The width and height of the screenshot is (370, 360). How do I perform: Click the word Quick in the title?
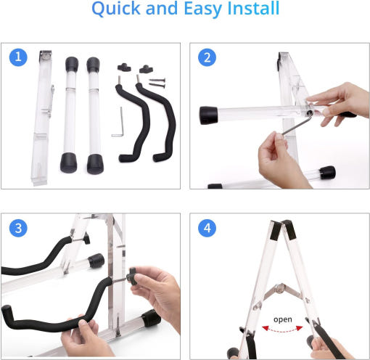click(x=116, y=9)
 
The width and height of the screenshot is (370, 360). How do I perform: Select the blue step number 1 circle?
click(x=18, y=57)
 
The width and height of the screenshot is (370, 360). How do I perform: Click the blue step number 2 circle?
click(x=207, y=57)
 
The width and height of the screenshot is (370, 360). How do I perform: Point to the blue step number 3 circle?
click(x=18, y=228)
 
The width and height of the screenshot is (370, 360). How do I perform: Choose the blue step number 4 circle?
click(x=207, y=228)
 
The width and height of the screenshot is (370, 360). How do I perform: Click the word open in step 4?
click(x=283, y=319)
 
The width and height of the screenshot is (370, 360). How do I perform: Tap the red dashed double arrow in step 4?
click(x=282, y=330)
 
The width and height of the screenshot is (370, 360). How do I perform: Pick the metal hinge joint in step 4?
click(x=280, y=288)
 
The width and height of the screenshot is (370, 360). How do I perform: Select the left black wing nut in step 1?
click(x=124, y=67)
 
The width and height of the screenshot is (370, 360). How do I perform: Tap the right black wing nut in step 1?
click(x=146, y=69)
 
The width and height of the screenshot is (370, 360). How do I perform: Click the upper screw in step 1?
click(x=157, y=80)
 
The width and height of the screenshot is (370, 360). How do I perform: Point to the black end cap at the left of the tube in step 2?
click(x=208, y=115)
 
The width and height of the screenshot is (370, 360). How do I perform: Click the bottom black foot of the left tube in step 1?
click(x=68, y=163)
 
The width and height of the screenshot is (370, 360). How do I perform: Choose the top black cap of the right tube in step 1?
click(x=93, y=65)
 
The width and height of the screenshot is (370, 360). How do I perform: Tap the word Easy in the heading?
click(x=202, y=9)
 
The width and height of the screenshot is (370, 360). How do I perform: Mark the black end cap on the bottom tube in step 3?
click(x=151, y=318)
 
